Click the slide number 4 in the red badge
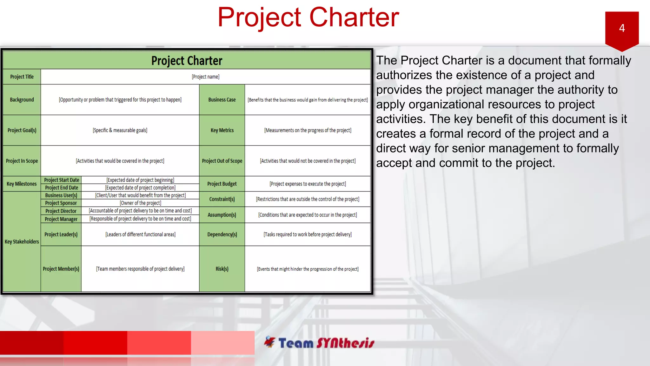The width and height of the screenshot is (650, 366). pyautogui.click(x=622, y=28)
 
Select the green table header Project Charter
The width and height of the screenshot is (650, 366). pyautogui.click(x=187, y=61)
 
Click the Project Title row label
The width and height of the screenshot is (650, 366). pyautogui.click(x=22, y=77)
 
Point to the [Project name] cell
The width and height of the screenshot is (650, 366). pyautogui.click(x=205, y=77)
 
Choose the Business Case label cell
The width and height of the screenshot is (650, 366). pyautogui.click(x=222, y=100)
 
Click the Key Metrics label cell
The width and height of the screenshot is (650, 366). pyautogui.click(x=222, y=130)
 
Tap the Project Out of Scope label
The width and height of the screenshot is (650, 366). pyautogui.click(x=222, y=161)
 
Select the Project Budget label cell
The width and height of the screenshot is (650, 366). pyautogui.click(x=222, y=184)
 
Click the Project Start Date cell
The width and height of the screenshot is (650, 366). pyautogui.click(x=61, y=180)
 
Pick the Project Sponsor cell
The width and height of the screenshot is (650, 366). pyautogui.click(x=61, y=203)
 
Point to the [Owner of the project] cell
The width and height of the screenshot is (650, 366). pyautogui.click(x=140, y=203)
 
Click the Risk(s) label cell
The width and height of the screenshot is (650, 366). pyautogui.click(x=222, y=269)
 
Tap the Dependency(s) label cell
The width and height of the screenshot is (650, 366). pyautogui.click(x=222, y=234)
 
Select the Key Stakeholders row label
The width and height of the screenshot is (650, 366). pyautogui.click(x=22, y=242)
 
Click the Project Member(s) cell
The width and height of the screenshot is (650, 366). pyautogui.click(x=61, y=269)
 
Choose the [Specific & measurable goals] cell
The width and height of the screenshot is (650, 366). pyautogui.click(x=120, y=130)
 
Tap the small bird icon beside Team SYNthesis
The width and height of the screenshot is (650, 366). pyautogui.click(x=270, y=342)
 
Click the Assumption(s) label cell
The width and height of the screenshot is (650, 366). pyautogui.click(x=222, y=215)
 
